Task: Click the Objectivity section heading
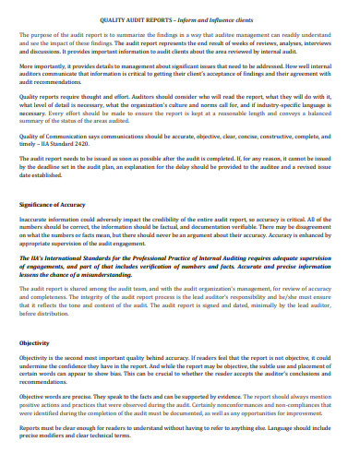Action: (34, 342)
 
